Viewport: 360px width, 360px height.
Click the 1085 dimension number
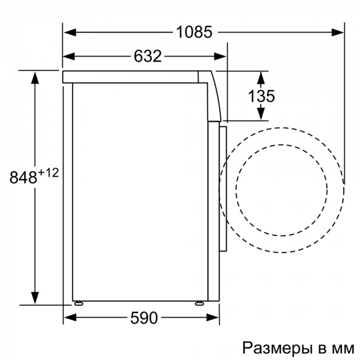pos(194,32)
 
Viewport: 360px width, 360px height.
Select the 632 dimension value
pos(148,56)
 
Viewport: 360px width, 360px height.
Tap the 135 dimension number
pos(261,96)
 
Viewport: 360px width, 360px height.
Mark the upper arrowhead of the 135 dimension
pos(261,76)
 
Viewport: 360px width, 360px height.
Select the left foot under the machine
pos(78,303)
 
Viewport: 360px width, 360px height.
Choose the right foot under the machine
pos(199,303)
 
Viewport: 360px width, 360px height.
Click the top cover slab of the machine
pos(131,77)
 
